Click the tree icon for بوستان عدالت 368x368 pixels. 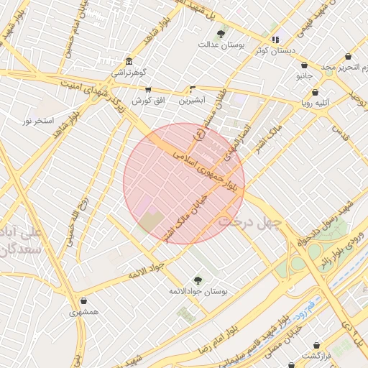coord(221,34)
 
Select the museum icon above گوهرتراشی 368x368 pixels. coord(128,61)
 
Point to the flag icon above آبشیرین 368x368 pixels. coord(192,90)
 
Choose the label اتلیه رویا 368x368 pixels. coord(316,103)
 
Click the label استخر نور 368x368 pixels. coord(39,121)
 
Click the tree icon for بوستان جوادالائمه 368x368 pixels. coord(198,280)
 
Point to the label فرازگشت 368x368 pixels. coord(315,356)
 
